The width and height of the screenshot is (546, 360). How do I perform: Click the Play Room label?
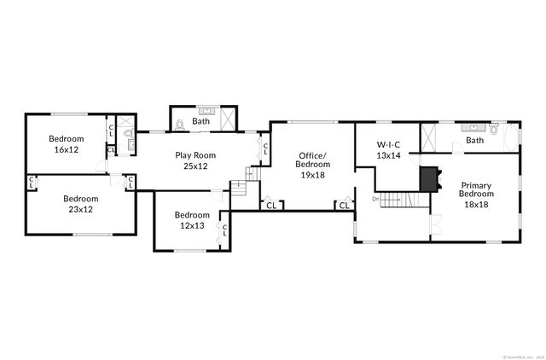pyautogui.click(x=195, y=154)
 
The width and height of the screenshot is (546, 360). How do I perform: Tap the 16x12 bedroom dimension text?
pyautogui.click(x=66, y=149)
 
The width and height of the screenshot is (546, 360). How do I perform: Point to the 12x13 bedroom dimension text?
pyautogui.click(x=191, y=225)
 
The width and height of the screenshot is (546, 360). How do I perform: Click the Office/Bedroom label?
pyautogui.click(x=311, y=160)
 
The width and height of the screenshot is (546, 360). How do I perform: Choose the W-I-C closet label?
pyautogui.click(x=388, y=145)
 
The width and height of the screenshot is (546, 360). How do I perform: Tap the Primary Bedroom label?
pyautogui.click(x=475, y=189)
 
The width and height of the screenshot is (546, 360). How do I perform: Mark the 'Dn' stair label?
pyautogui.click(x=375, y=199)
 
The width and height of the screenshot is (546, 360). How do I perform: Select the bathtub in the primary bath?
pyautogui.click(x=511, y=137)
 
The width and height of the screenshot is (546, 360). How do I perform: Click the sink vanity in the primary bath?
pyautogui.click(x=472, y=128)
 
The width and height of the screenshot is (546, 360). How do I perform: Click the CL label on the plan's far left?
pyautogui.click(x=31, y=182)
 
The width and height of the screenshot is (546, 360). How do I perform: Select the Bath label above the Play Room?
pyautogui.click(x=201, y=121)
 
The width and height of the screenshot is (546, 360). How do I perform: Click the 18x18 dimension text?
pyautogui.click(x=475, y=204)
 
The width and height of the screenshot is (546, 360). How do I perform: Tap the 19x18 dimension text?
pyautogui.click(x=311, y=174)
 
